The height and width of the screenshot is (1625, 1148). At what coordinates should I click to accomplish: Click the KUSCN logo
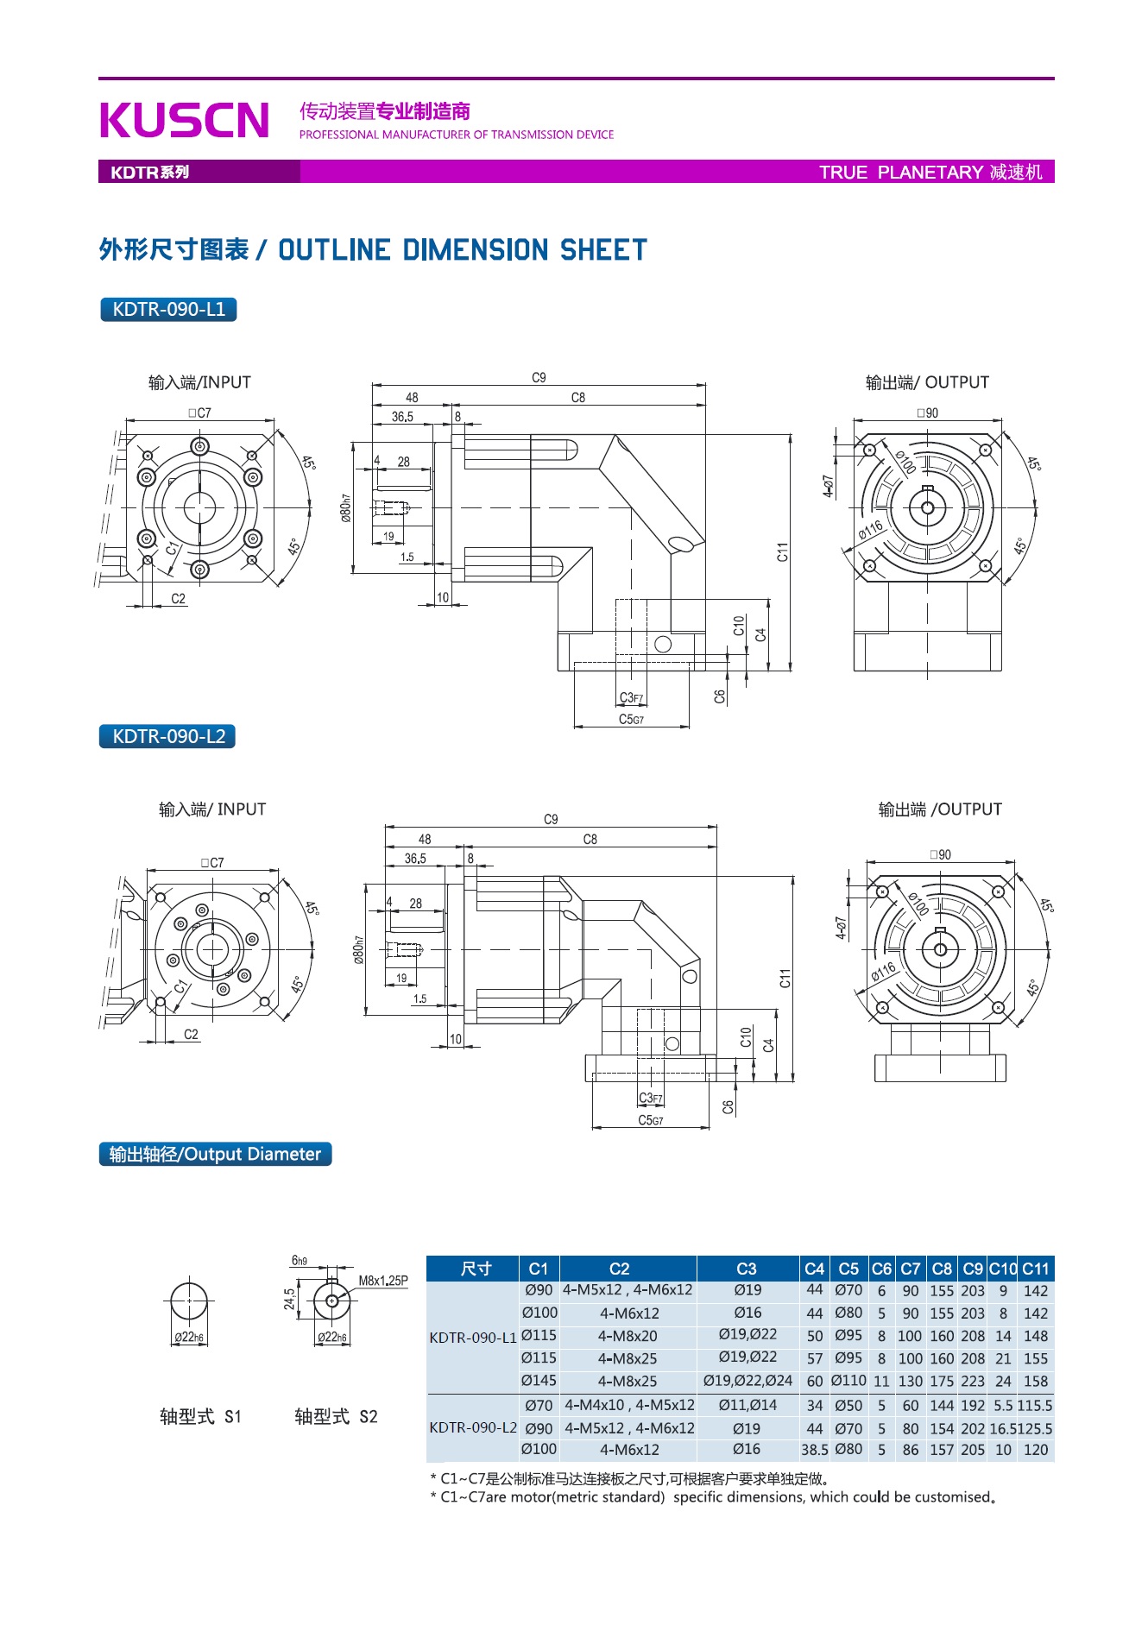(185, 120)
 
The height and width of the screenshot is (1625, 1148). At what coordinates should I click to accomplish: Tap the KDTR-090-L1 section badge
(168, 309)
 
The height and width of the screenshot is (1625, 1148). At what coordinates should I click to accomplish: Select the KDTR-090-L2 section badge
(168, 736)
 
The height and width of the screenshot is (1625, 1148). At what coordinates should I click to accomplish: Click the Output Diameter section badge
(215, 1154)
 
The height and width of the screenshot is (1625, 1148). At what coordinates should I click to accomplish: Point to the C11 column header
(1035, 1269)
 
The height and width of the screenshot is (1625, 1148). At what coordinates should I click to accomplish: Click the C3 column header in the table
(747, 1269)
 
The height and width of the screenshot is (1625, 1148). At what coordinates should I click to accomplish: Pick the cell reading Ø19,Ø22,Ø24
(747, 1381)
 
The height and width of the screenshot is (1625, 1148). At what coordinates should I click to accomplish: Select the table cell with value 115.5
(1035, 1406)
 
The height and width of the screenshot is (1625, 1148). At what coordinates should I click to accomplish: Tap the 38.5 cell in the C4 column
(814, 1450)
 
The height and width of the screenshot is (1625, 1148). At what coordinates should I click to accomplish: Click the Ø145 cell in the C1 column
(539, 1381)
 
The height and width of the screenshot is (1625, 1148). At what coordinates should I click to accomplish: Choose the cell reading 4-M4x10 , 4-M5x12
(629, 1406)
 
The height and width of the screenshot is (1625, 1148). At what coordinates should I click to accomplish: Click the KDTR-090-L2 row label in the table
(473, 1427)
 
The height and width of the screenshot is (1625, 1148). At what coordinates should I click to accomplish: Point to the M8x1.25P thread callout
(383, 1281)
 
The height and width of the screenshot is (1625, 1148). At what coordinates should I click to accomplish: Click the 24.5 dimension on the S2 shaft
(289, 1299)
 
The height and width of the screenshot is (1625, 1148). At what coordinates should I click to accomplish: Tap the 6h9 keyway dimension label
(300, 1261)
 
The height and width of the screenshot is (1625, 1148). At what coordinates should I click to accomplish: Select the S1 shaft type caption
(200, 1416)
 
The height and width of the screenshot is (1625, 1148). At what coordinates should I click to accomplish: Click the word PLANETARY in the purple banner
(930, 172)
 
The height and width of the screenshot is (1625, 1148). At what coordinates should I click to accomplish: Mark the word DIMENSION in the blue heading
(476, 250)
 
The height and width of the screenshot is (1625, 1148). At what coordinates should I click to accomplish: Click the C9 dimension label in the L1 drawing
(539, 378)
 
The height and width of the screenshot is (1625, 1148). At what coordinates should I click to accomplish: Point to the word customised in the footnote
(952, 1497)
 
